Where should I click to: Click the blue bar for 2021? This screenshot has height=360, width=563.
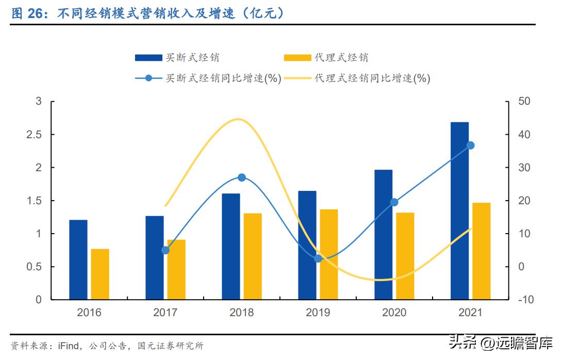tap(459, 211)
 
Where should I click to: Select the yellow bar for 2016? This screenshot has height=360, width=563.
tap(100, 274)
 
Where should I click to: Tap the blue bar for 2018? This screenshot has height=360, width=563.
tap(230, 247)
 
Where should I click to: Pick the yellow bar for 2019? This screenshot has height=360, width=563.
tap(329, 254)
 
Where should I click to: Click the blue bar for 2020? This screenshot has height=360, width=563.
tap(383, 235)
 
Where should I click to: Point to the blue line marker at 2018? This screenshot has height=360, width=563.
tap(241, 177)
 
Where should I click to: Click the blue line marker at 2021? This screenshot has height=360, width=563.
tap(470, 145)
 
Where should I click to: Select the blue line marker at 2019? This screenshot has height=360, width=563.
tap(318, 258)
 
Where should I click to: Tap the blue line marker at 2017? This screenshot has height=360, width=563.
tap(165, 250)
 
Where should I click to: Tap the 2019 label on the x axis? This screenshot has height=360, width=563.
tap(318, 313)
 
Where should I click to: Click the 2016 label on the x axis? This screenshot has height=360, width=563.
tap(89, 313)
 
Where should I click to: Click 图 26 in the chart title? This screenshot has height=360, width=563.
tap(26, 14)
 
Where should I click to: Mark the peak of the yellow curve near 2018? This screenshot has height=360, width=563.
tap(238, 120)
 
